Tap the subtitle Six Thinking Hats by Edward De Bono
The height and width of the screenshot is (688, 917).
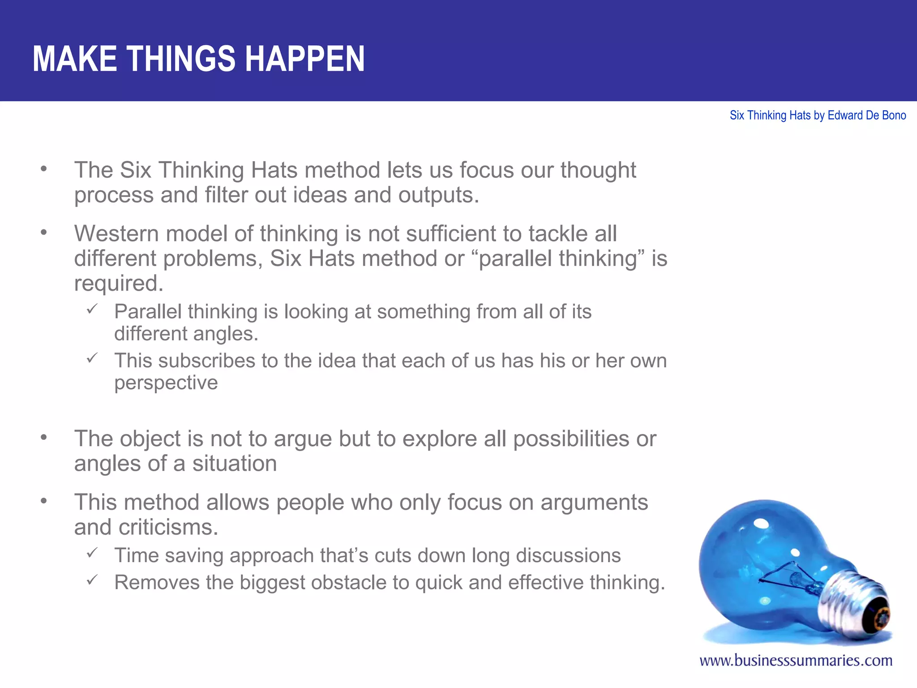(818, 116)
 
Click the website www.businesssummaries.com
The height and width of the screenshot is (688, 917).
(796, 660)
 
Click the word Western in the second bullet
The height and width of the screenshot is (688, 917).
(116, 234)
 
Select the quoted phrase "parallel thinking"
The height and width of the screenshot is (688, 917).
(558, 258)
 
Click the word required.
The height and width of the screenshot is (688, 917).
(119, 284)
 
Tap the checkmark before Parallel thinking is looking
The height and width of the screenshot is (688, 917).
(92, 309)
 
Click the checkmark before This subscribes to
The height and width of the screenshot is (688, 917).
(92, 358)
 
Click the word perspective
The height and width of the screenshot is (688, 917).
(166, 383)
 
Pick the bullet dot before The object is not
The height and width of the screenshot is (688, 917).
(43, 437)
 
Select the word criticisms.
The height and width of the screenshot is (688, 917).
(168, 527)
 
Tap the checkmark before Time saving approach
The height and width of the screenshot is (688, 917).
(92, 553)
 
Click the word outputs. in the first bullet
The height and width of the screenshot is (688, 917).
(438, 195)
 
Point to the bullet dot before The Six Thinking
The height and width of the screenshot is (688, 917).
(43, 169)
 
